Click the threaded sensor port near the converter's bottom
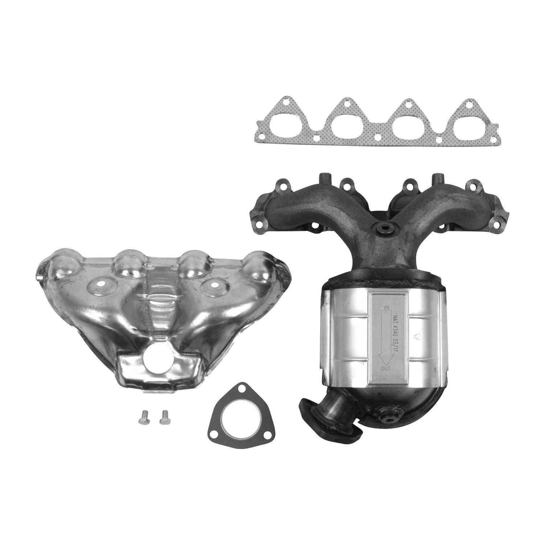click(x=390, y=419)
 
